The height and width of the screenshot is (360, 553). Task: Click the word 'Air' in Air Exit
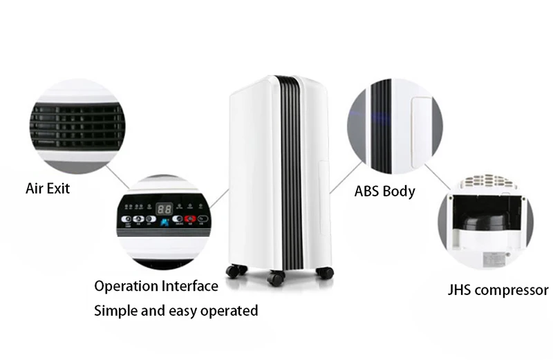click(35, 189)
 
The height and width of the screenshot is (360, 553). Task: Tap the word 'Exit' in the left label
click(59, 189)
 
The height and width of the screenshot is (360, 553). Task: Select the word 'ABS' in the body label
click(368, 191)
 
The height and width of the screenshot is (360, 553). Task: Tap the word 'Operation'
click(125, 286)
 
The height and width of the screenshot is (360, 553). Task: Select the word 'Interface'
click(189, 286)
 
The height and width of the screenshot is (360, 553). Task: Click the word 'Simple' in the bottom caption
click(115, 310)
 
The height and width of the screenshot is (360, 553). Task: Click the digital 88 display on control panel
click(164, 208)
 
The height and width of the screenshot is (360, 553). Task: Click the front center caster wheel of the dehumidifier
click(276, 279)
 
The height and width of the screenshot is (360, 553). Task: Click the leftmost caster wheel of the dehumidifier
click(233, 271)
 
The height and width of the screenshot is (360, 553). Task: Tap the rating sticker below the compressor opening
click(496, 258)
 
